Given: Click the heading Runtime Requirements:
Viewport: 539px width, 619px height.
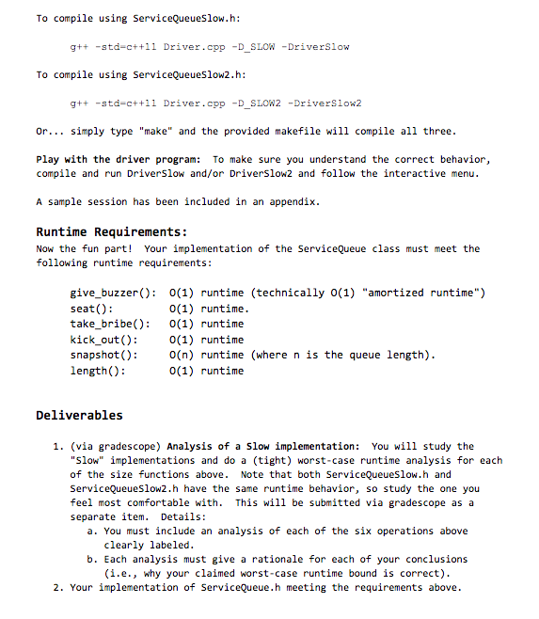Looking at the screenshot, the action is click(x=111, y=231).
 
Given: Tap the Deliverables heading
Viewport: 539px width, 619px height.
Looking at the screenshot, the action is click(x=79, y=415).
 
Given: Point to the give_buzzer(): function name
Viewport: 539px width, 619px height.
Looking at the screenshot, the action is click(x=114, y=293).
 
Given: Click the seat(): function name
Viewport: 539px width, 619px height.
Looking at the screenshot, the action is click(x=92, y=309).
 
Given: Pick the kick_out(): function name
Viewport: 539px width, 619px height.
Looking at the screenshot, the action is click(x=104, y=340).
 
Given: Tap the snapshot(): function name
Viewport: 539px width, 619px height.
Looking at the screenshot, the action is click(x=104, y=355).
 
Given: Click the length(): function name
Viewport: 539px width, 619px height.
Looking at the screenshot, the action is click(x=98, y=371).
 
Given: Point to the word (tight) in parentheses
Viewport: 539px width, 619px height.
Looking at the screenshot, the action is click(x=262, y=460).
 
